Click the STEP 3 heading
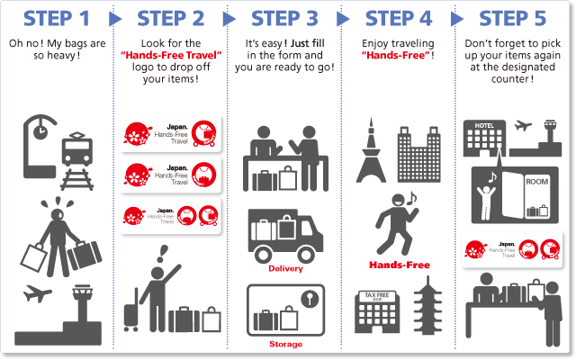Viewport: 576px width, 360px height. pyautogui.click(x=284, y=18)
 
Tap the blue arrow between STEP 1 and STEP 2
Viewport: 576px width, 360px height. pyautogui.click(x=115, y=19)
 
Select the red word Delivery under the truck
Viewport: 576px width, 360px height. pyautogui.click(x=285, y=268)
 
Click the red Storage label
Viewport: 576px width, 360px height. pyautogui.click(x=285, y=344)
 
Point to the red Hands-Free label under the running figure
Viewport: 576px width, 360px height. pyautogui.click(x=400, y=265)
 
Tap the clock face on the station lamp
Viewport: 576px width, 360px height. pyautogui.click(x=40, y=131)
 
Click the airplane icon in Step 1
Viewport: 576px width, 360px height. pyautogui.click(x=37, y=293)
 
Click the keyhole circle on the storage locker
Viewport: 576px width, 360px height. pyautogui.click(x=310, y=299)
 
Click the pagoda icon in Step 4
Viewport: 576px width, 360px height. pyautogui.click(x=427, y=306)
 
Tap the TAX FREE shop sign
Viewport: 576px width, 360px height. pyautogui.click(x=377, y=296)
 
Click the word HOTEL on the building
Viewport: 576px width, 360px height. pyautogui.click(x=484, y=126)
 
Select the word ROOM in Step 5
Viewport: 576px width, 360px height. pyautogui.click(x=536, y=182)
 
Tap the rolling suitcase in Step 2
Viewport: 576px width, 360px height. pyautogui.click(x=131, y=310)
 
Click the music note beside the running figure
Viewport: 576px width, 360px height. pyautogui.click(x=411, y=198)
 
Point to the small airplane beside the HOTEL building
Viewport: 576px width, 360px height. pyautogui.click(x=523, y=126)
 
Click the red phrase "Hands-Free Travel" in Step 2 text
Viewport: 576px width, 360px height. pyautogui.click(x=171, y=55)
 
